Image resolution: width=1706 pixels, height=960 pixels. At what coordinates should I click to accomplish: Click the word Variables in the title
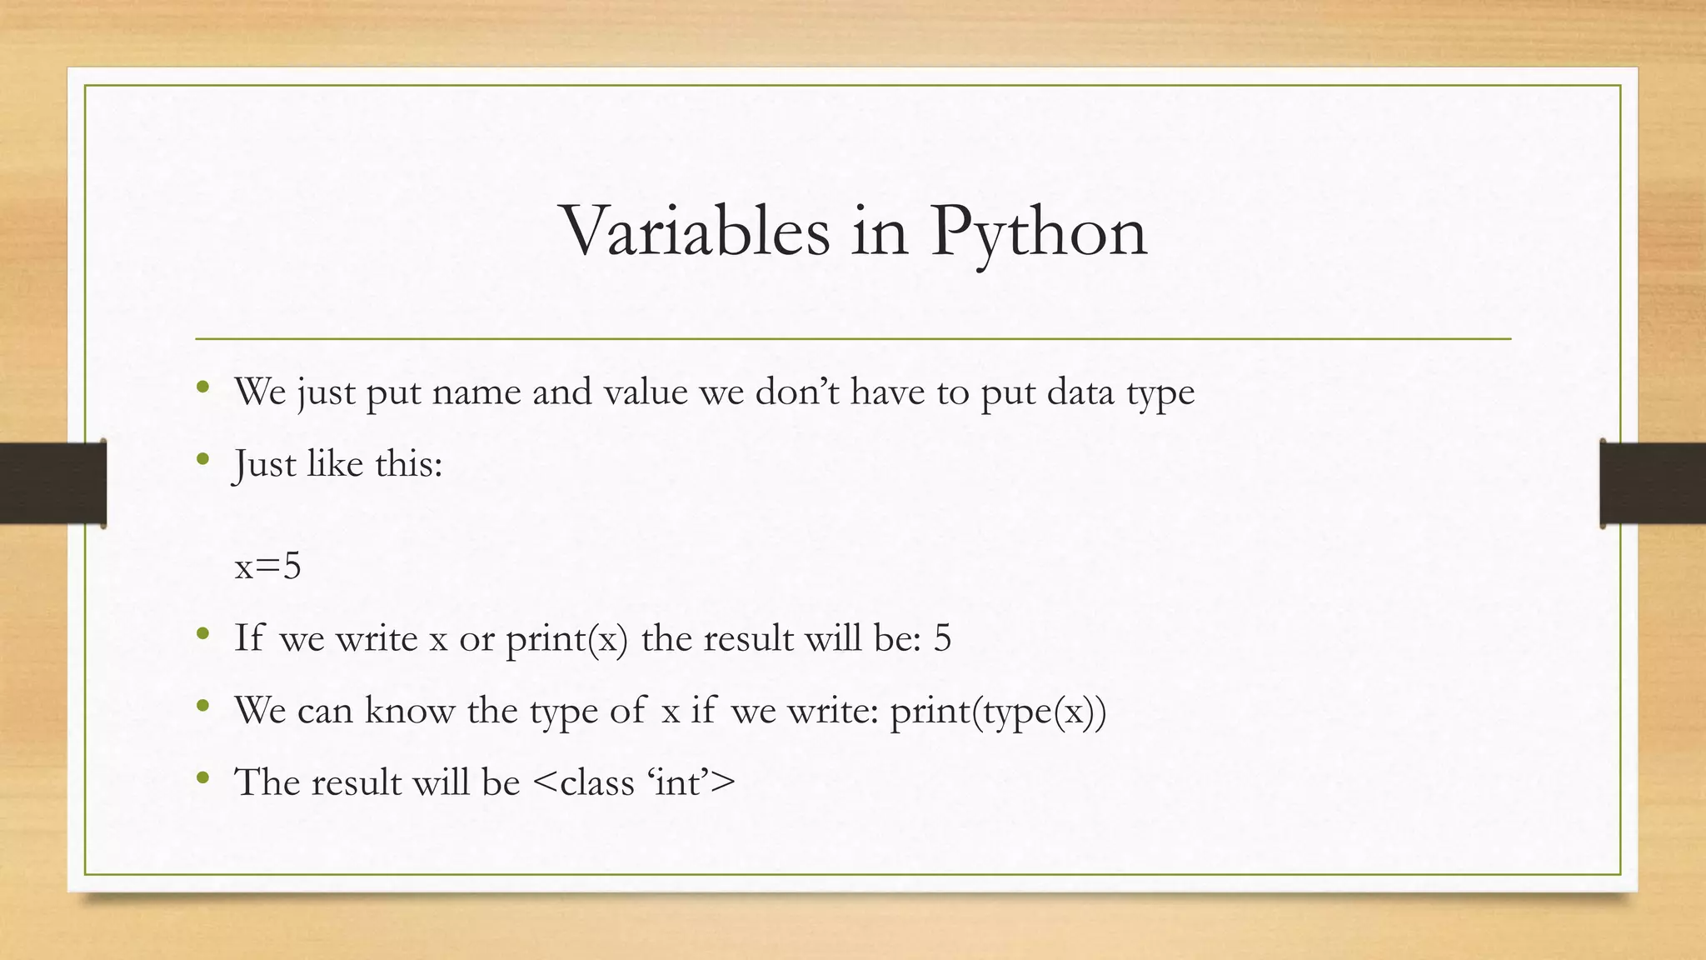click(x=696, y=231)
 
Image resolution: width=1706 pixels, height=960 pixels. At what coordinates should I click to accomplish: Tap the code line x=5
click(x=267, y=567)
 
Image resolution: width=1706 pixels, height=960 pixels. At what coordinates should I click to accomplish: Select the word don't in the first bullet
click(x=797, y=392)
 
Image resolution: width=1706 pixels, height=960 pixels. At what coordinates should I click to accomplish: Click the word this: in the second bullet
click(x=408, y=463)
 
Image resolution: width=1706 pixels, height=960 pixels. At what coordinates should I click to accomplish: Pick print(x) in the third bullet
click(x=566, y=639)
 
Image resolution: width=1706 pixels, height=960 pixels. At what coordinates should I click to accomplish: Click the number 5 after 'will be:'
click(x=942, y=638)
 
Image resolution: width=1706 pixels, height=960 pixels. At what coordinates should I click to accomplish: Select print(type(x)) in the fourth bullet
click(x=998, y=711)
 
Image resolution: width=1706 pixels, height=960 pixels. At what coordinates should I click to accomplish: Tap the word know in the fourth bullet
click(x=409, y=710)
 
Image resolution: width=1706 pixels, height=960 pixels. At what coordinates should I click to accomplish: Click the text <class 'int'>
click(x=633, y=782)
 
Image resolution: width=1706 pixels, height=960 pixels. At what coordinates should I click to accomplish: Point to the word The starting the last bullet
click(x=266, y=782)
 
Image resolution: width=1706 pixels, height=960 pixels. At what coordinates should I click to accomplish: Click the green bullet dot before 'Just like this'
click(x=202, y=458)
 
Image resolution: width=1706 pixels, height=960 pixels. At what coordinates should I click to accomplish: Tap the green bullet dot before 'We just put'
click(x=202, y=387)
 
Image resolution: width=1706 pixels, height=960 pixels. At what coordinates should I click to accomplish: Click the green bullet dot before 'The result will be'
click(x=202, y=778)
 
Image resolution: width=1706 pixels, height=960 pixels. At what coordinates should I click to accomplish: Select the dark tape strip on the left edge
click(x=52, y=483)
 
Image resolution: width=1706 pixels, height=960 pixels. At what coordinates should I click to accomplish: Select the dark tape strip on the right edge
click(x=1653, y=483)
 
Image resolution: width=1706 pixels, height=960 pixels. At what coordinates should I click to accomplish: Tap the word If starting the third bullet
click(x=249, y=638)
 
